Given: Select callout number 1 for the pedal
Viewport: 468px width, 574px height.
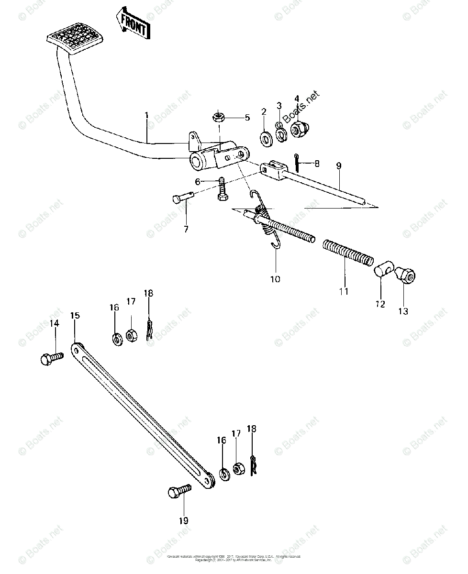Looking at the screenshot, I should point(147,115).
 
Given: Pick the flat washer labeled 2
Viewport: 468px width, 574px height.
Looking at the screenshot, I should point(265,138).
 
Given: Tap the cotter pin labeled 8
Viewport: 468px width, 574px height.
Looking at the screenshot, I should point(298,163).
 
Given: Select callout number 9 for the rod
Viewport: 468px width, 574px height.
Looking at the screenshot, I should point(339,166).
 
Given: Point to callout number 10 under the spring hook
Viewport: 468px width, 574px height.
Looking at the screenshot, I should point(276,278).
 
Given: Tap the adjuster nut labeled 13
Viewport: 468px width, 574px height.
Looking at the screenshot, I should point(406,276).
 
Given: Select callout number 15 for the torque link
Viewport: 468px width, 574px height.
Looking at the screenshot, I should point(75,316).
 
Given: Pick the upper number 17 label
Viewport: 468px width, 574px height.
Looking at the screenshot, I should point(131,301).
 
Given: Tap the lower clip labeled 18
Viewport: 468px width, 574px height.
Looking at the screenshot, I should point(254,465).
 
